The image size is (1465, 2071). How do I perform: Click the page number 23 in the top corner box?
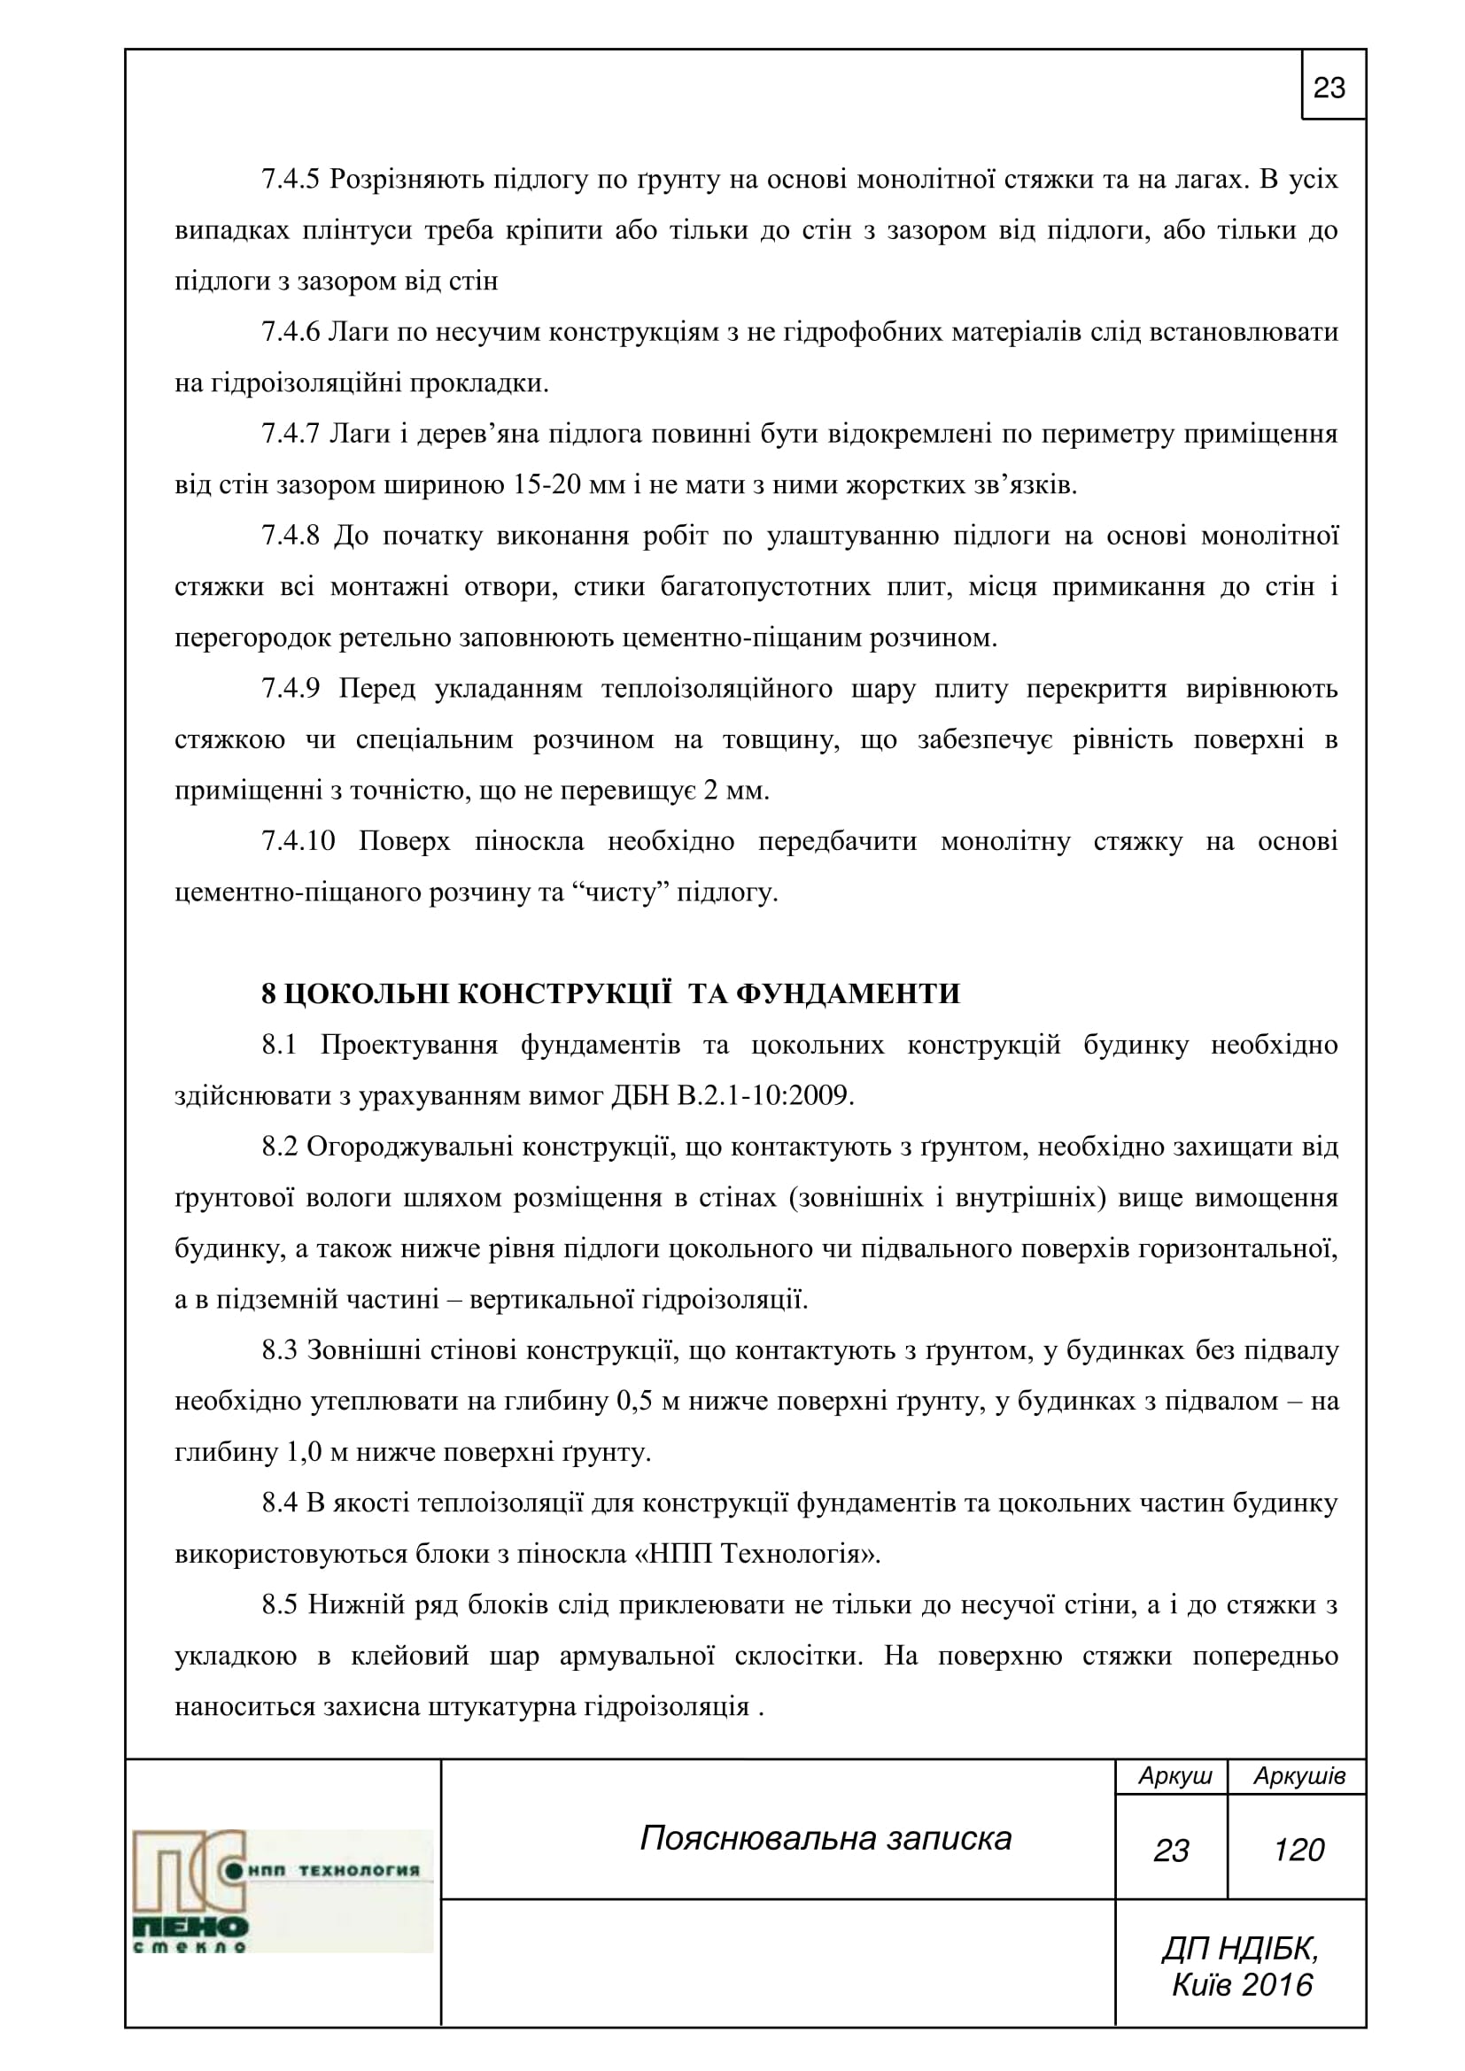[1329, 88]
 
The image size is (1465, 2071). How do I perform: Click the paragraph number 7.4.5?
[291, 180]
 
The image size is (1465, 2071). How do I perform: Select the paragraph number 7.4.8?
[291, 536]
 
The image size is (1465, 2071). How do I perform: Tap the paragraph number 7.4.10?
[298, 841]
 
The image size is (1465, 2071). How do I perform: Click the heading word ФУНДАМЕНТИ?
[848, 994]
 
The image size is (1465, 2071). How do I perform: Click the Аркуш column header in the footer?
[1174, 1776]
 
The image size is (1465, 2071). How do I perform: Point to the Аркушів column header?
[1298, 1776]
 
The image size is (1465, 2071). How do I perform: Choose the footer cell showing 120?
[1298, 1850]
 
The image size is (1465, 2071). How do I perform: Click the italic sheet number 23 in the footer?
[1171, 1851]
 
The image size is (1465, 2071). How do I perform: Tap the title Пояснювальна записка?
[826, 1838]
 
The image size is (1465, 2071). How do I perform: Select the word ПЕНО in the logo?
[191, 1928]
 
